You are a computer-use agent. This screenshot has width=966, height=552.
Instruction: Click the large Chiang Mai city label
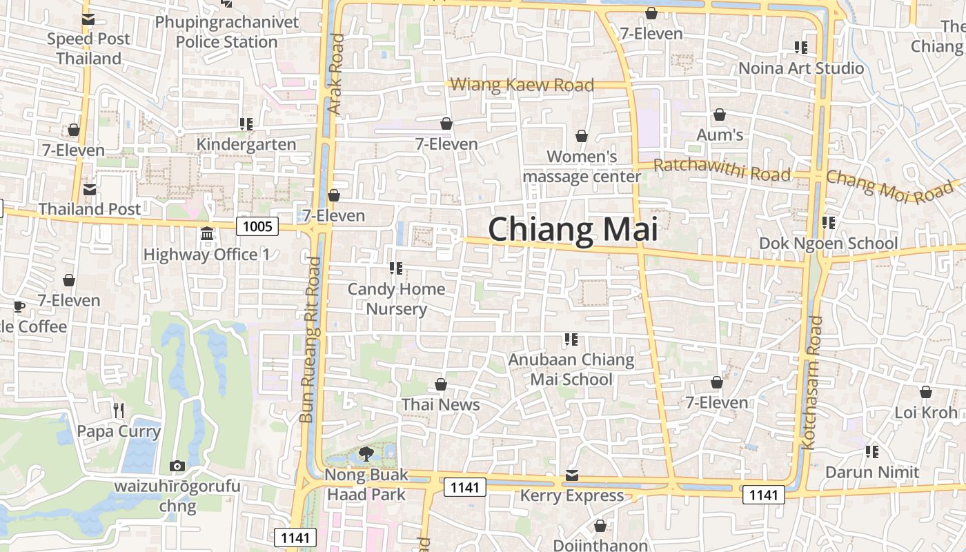573,230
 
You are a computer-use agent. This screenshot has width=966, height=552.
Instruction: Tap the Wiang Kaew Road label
522,85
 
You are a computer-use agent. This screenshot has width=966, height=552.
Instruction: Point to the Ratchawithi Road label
722,170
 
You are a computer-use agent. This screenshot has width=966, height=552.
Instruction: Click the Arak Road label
336,75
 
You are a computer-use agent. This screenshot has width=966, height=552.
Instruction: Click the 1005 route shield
257,226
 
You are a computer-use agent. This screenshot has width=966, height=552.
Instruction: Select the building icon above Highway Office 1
207,234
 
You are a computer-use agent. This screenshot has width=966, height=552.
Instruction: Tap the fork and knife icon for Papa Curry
119,411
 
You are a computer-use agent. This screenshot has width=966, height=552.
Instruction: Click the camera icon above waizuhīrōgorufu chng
177,466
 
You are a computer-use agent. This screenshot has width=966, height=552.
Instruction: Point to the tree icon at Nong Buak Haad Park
366,453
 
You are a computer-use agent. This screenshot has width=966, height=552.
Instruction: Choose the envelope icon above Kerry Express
572,475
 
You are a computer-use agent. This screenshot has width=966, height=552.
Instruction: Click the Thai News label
440,404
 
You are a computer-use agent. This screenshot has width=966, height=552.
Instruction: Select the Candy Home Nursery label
396,299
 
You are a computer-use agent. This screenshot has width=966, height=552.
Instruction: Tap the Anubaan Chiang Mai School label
571,369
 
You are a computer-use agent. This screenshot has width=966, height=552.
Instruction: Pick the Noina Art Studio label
801,68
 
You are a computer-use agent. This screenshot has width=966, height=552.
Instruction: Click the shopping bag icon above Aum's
720,115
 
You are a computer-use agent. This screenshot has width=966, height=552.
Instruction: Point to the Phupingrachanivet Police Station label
227,32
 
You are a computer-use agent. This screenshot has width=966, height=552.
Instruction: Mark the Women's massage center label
582,166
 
